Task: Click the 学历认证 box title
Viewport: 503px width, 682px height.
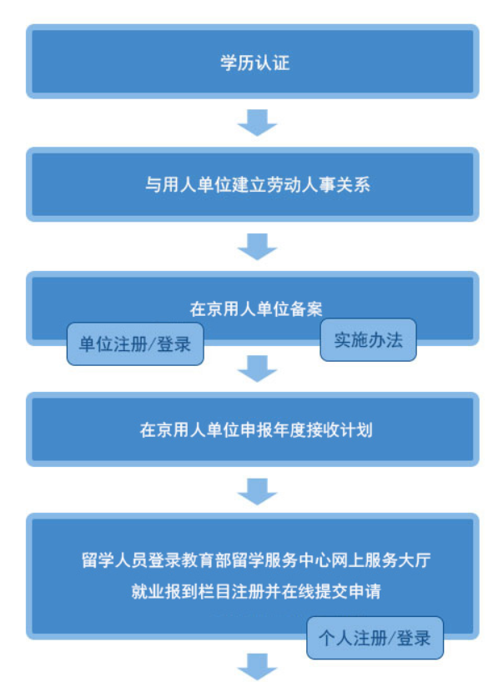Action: pyautogui.click(x=255, y=63)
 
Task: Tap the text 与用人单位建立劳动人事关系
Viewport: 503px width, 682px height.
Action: pyautogui.click(x=258, y=185)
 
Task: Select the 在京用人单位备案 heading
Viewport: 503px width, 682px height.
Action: pyautogui.click(x=256, y=309)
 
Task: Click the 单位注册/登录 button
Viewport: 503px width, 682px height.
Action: pyautogui.click(x=135, y=344)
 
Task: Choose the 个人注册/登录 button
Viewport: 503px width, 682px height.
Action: pyautogui.click(x=375, y=638)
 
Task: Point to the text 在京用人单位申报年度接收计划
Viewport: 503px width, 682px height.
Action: pyautogui.click(x=256, y=430)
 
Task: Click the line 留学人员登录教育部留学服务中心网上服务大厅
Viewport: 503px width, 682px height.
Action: pyautogui.click(x=256, y=560)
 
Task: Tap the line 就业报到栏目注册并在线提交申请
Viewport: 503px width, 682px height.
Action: pyautogui.click(x=256, y=591)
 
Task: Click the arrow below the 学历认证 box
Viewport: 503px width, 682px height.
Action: pyautogui.click(x=257, y=123)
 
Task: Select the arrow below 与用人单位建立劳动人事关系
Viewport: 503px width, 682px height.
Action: pyautogui.click(x=257, y=247)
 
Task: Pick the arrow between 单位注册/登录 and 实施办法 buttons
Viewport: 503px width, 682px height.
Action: pyautogui.click(x=257, y=369)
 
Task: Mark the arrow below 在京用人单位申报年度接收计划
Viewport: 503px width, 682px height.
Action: pyautogui.click(x=257, y=492)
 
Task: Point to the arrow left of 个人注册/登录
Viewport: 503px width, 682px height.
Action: pyautogui.click(x=257, y=667)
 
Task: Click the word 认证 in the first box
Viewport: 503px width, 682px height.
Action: pyautogui.click(x=273, y=63)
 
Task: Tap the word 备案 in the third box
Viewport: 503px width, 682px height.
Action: pyautogui.click(x=306, y=309)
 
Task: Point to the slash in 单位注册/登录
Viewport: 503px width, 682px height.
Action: pyautogui.click(x=152, y=344)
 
